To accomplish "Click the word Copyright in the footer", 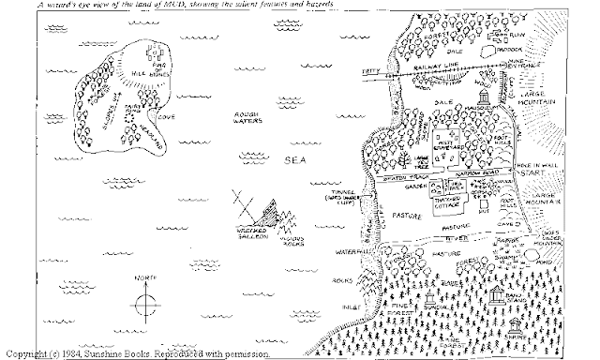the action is point(26,353).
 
